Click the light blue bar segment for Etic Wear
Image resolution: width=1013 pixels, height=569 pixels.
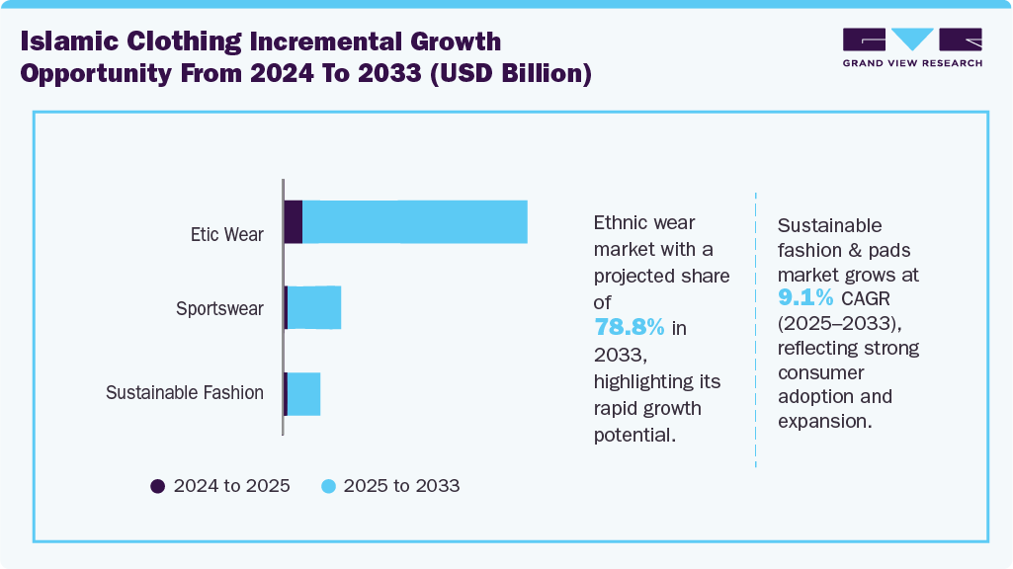415,221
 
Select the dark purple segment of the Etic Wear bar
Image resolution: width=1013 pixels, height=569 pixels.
294,221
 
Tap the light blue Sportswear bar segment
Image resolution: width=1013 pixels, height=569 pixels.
314,308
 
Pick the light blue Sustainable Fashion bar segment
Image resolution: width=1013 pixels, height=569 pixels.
304,394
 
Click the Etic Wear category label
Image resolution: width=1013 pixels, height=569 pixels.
227,235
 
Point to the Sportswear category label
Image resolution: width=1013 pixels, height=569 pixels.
219,308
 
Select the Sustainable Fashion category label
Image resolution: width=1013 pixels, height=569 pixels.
185,393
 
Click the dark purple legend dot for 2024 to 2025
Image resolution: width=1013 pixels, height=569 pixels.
158,486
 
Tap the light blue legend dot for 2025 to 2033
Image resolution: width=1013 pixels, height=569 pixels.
328,486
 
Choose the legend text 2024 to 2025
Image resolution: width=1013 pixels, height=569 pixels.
231,486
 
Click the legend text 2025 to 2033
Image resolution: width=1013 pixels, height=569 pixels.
401,486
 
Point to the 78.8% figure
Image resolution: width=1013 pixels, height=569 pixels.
628,328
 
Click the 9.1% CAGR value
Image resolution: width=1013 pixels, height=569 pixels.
806,297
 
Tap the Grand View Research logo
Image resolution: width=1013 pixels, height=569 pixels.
912,47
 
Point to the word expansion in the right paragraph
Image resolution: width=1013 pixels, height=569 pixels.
824,421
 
